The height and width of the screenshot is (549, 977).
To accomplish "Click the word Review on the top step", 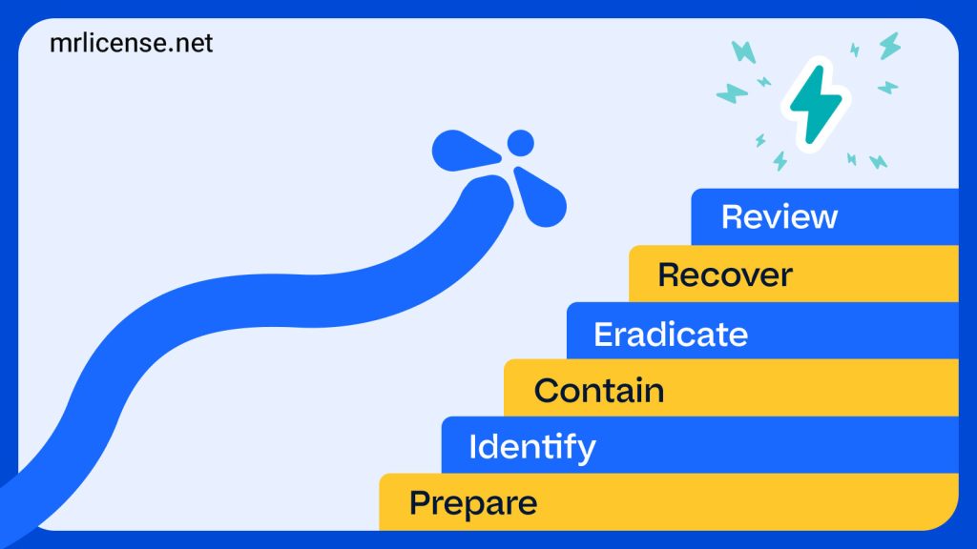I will [x=779, y=216].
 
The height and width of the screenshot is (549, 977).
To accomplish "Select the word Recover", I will [x=724, y=275].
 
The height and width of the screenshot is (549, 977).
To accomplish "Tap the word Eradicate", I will [x=670, y=335].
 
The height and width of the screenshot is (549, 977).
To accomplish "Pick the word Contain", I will [x=598, y=391].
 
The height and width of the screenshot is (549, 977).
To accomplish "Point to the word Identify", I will [x=531, y=447].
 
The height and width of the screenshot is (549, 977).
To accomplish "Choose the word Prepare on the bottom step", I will [x=472, y=502].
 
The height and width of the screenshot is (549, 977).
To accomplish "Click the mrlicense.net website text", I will [x=132, y=44].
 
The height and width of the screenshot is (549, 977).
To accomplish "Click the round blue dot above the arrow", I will [x=520, y=143].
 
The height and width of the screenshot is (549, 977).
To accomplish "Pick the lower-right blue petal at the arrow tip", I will [x=541, y=197].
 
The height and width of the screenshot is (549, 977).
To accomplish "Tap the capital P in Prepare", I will [x=418, y=502].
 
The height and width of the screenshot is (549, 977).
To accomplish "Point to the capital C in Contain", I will [x=547, y=391].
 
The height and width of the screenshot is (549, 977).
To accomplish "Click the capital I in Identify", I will [x=473, y=446].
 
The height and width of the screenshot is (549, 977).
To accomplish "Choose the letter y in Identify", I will [x=585, y=450].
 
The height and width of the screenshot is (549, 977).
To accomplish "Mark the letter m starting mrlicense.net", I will [x=60, y=45].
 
